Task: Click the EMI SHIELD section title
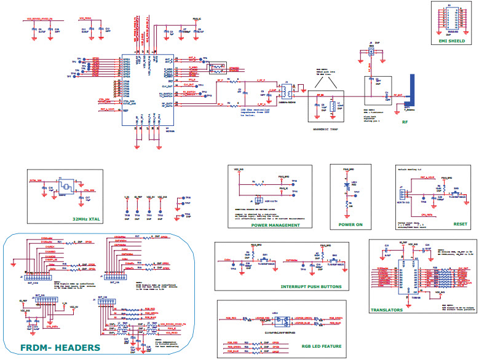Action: coord(453,42)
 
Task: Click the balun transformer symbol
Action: coord(285,91)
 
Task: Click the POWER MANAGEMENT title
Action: coord(276,225)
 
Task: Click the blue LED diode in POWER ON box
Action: coord(347,184)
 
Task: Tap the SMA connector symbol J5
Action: coord(371,53)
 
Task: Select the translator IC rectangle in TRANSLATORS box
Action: coord(416,276)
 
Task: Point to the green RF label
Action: coord(405,122)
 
